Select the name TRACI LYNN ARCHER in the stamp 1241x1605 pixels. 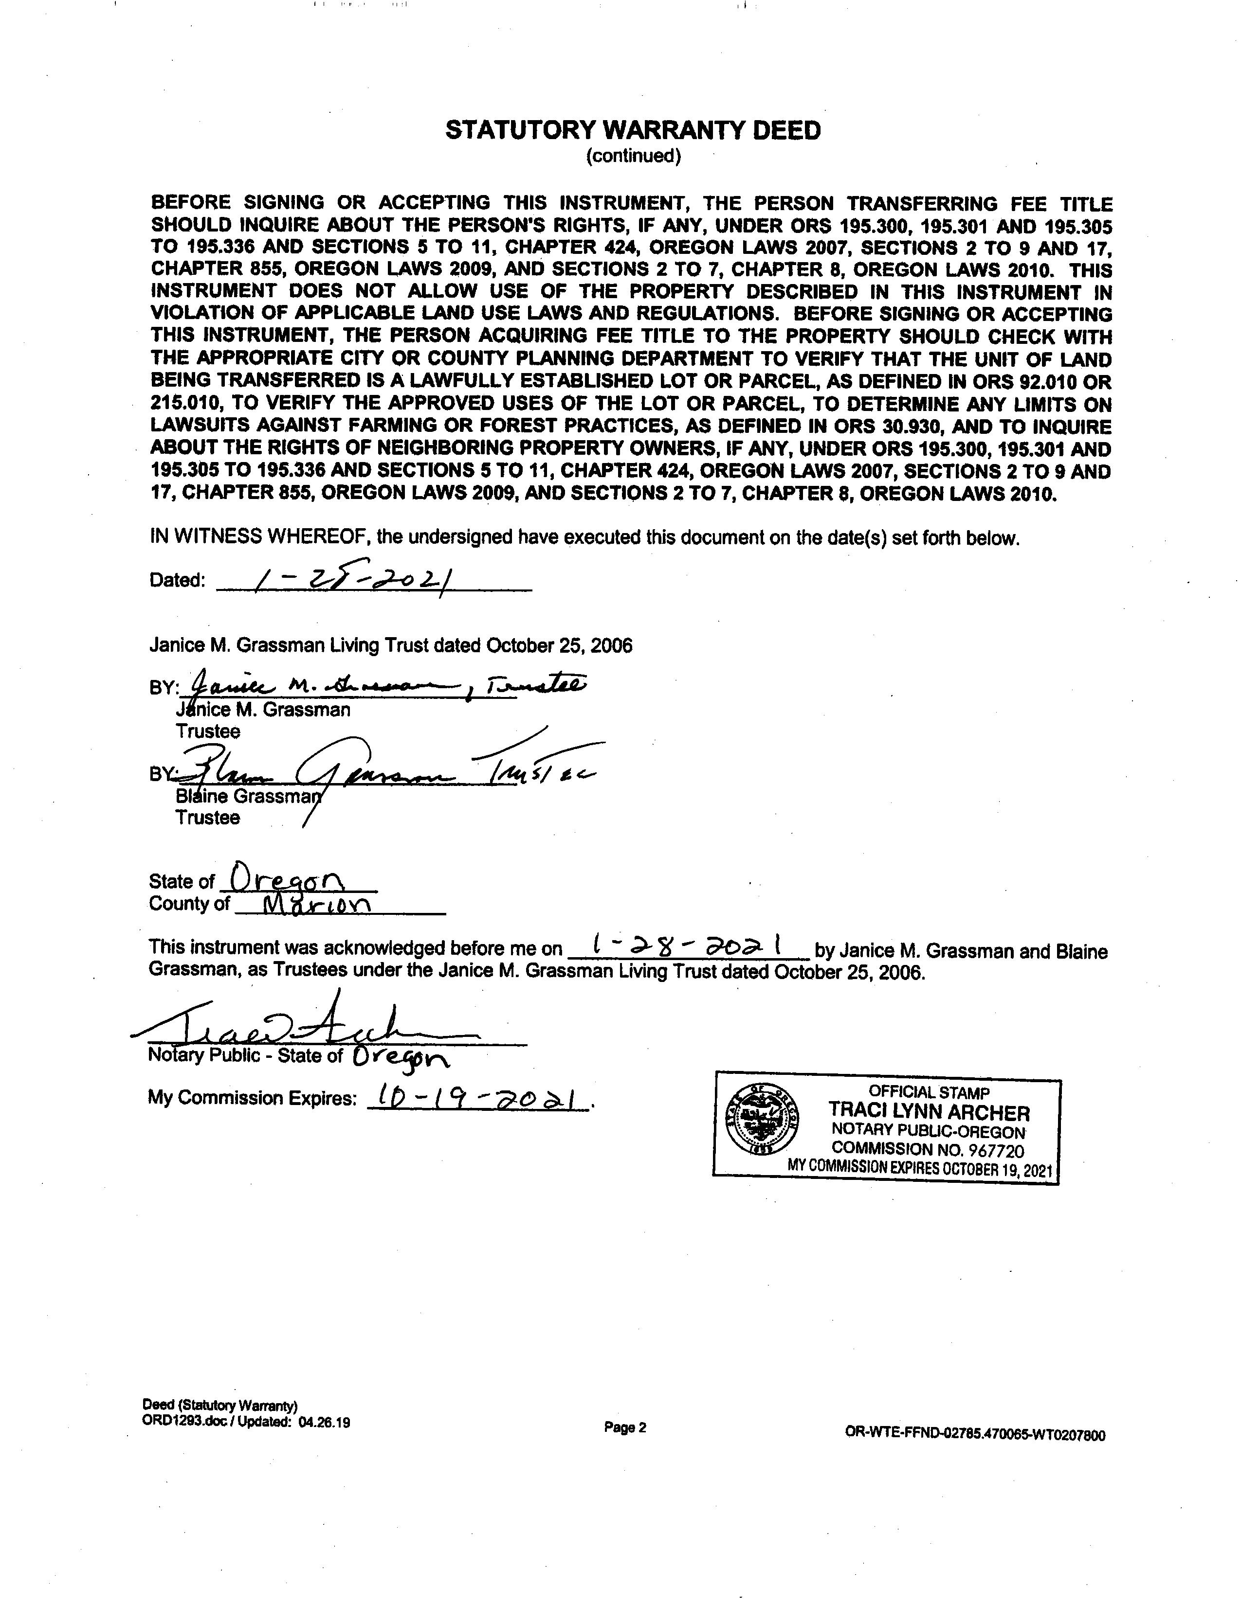(929, 1112)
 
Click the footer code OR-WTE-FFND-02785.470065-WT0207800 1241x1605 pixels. (975, 1434)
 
